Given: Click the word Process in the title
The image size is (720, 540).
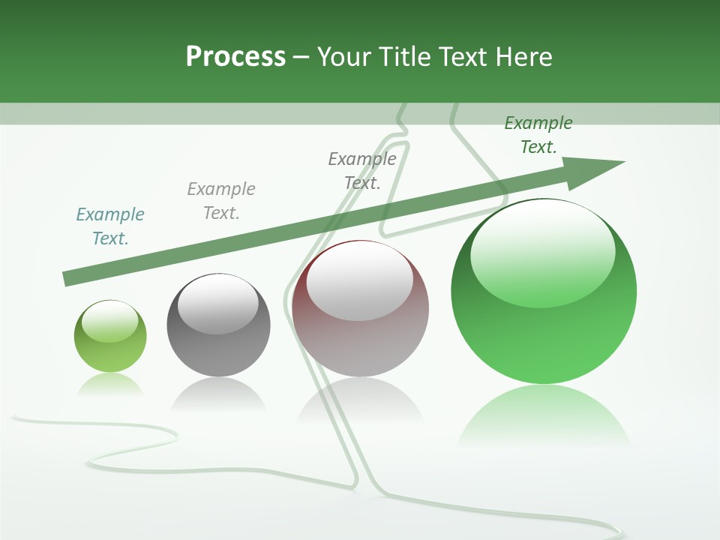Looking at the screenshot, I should [235, 57].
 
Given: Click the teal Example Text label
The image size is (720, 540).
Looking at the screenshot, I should [110, 226].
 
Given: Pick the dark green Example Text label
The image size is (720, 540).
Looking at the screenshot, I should [538, 135].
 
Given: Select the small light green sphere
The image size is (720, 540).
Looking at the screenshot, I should [110, 352].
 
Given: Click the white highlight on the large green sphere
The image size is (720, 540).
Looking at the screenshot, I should [542, 252].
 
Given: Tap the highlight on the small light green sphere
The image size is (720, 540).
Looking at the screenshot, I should [110, 321].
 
